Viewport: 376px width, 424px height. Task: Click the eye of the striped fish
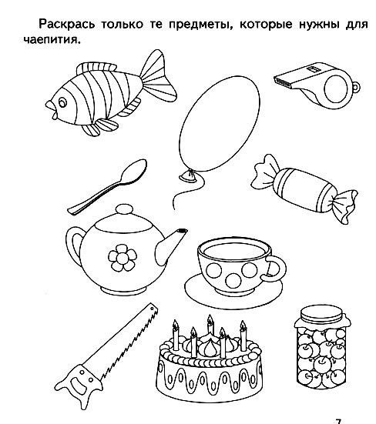point(62,102)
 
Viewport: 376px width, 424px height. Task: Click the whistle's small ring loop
point(356,87)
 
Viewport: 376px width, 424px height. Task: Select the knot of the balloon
point(188,176)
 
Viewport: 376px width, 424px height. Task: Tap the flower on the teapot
point(123,257)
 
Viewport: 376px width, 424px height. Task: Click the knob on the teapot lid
point(124,210)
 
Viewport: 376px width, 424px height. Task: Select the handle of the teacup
point(276,269)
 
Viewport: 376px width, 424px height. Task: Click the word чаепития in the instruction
point(52,40)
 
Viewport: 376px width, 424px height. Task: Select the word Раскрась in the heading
point(67,25)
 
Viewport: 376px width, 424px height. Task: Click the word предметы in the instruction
point(200,25)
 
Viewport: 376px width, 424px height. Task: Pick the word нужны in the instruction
point(319,25)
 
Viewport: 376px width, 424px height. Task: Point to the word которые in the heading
point(266,25)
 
